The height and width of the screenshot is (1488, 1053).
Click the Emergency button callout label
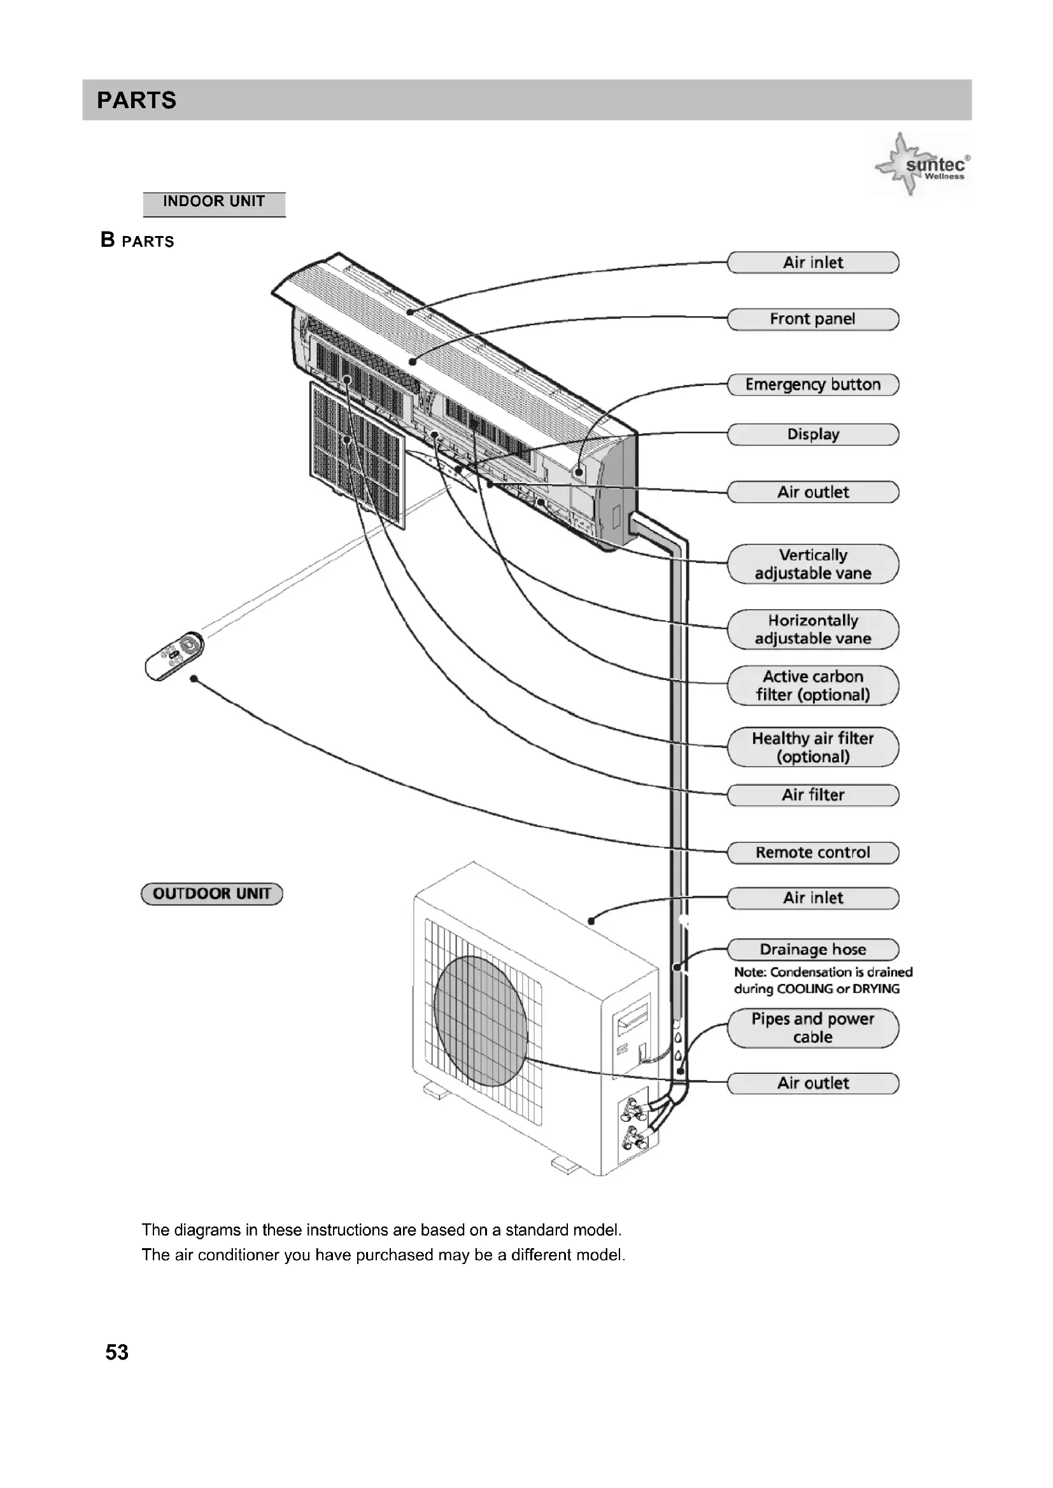(x=812, y=384)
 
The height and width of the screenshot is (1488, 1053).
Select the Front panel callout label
(x=812, y=319)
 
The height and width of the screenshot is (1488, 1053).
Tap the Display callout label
(x=812, y=435)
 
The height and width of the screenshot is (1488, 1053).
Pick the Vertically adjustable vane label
(x=812, y=564)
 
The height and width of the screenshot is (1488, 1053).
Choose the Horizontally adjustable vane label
(x=812, y=629)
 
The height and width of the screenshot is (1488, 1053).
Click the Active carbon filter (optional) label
(x=812, y=686)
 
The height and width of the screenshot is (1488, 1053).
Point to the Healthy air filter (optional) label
(x=812, y=747)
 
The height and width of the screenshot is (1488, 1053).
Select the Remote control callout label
(x=812, y=852)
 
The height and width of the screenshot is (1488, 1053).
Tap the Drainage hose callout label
(x=812, y=949)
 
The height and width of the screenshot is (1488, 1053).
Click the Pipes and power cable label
(x=812, y=1028)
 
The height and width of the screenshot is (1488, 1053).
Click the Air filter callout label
(x=812, y=795)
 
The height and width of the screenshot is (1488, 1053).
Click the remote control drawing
(x=174, y=655)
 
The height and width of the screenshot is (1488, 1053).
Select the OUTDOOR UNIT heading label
(x=212, y=894)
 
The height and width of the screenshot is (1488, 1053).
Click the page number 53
(x=117, y=1352)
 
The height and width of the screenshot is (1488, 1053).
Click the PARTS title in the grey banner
(x=136, y=101)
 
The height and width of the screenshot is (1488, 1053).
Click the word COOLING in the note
(x=805, y=989)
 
